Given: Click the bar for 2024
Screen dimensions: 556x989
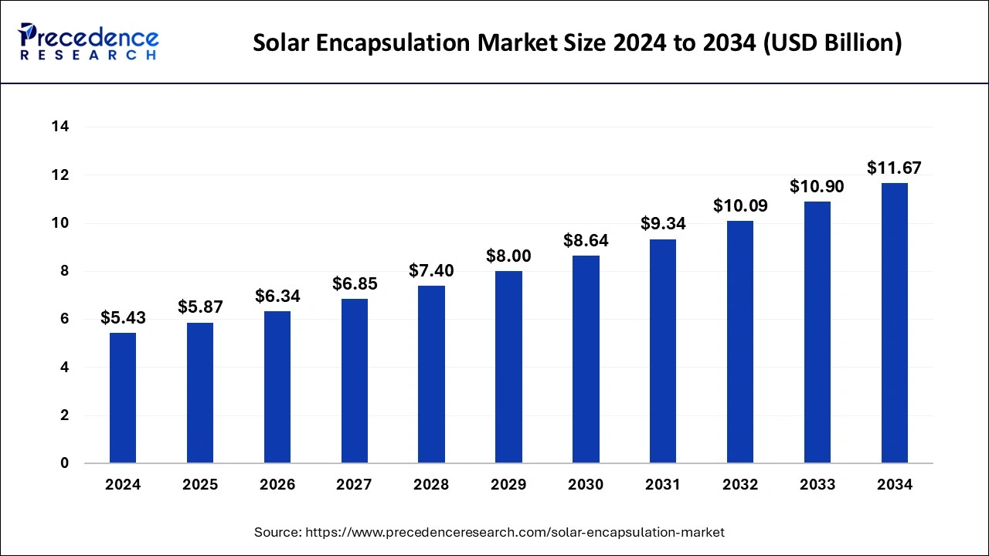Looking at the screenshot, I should point(123,398).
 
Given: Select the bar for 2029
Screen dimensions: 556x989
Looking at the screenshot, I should point(508,367).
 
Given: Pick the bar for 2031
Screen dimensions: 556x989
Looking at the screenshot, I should point(663,351).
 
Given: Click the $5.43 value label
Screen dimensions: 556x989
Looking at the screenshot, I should point(123,317).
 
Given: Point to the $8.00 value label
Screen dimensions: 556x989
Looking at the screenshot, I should point(508,256).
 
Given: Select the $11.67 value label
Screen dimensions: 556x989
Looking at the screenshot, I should point(894,168).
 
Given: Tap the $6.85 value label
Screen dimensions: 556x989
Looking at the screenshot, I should point(355,283).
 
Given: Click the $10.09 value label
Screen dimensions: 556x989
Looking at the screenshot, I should point(740,205).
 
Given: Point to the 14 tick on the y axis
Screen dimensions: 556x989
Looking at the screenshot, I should point(60,127).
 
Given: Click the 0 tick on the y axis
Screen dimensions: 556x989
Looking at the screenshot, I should point(64,463).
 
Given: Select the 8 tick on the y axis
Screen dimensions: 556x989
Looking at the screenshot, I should point(64,272).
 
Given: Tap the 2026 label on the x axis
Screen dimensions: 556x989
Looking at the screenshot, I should point(277,485).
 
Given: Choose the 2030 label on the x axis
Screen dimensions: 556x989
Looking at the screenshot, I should point(586,485).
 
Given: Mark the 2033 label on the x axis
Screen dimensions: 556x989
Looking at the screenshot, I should point(817,485).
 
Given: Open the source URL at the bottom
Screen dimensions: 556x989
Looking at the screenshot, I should point(515,532).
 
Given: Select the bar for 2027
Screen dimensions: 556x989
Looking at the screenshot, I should point(355,381).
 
